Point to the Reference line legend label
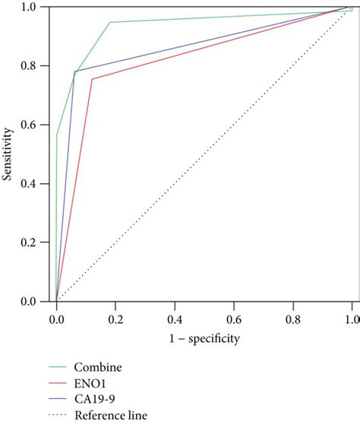110,416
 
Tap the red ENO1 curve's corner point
92,79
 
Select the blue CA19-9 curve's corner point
74,72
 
